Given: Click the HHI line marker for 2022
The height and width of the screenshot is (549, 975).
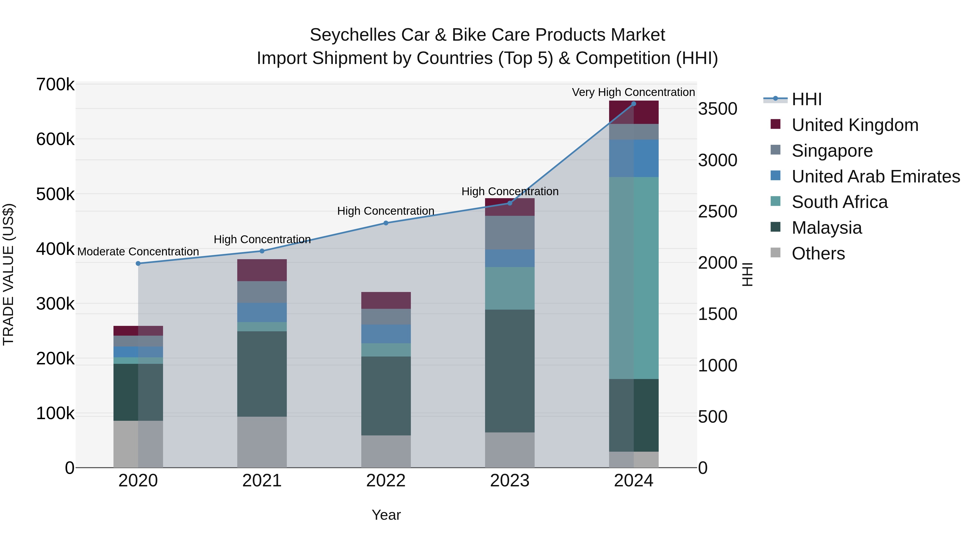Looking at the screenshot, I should [386, 223].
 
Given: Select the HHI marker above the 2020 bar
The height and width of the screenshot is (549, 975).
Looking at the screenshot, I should [138, 263].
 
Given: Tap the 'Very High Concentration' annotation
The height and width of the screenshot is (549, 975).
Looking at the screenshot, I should [633, 92].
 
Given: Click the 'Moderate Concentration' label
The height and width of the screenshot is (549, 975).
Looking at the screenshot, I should [138, 252].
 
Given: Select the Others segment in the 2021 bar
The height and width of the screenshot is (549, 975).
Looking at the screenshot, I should [262, 442].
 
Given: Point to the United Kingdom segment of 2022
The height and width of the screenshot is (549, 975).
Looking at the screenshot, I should [386, 300].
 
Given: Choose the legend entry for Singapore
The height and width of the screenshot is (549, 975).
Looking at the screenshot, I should [832, 151].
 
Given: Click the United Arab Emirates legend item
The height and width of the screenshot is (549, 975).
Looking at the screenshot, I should [875, 176].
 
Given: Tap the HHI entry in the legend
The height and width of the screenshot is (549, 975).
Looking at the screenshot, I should [806, 99].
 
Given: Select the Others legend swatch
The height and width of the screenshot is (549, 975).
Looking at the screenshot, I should [775, 253].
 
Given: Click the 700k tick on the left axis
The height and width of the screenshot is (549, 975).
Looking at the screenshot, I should [55, 85].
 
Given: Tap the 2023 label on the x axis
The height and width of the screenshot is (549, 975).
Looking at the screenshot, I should [509, 481].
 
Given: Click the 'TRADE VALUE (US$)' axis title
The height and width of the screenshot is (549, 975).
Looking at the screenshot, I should [8, 274].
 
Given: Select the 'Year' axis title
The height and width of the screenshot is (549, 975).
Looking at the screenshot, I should [386, 515].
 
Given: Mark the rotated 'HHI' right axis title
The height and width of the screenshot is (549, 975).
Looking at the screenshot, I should [747, 274].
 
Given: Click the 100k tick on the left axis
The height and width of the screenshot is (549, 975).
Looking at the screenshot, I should [55, 413].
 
